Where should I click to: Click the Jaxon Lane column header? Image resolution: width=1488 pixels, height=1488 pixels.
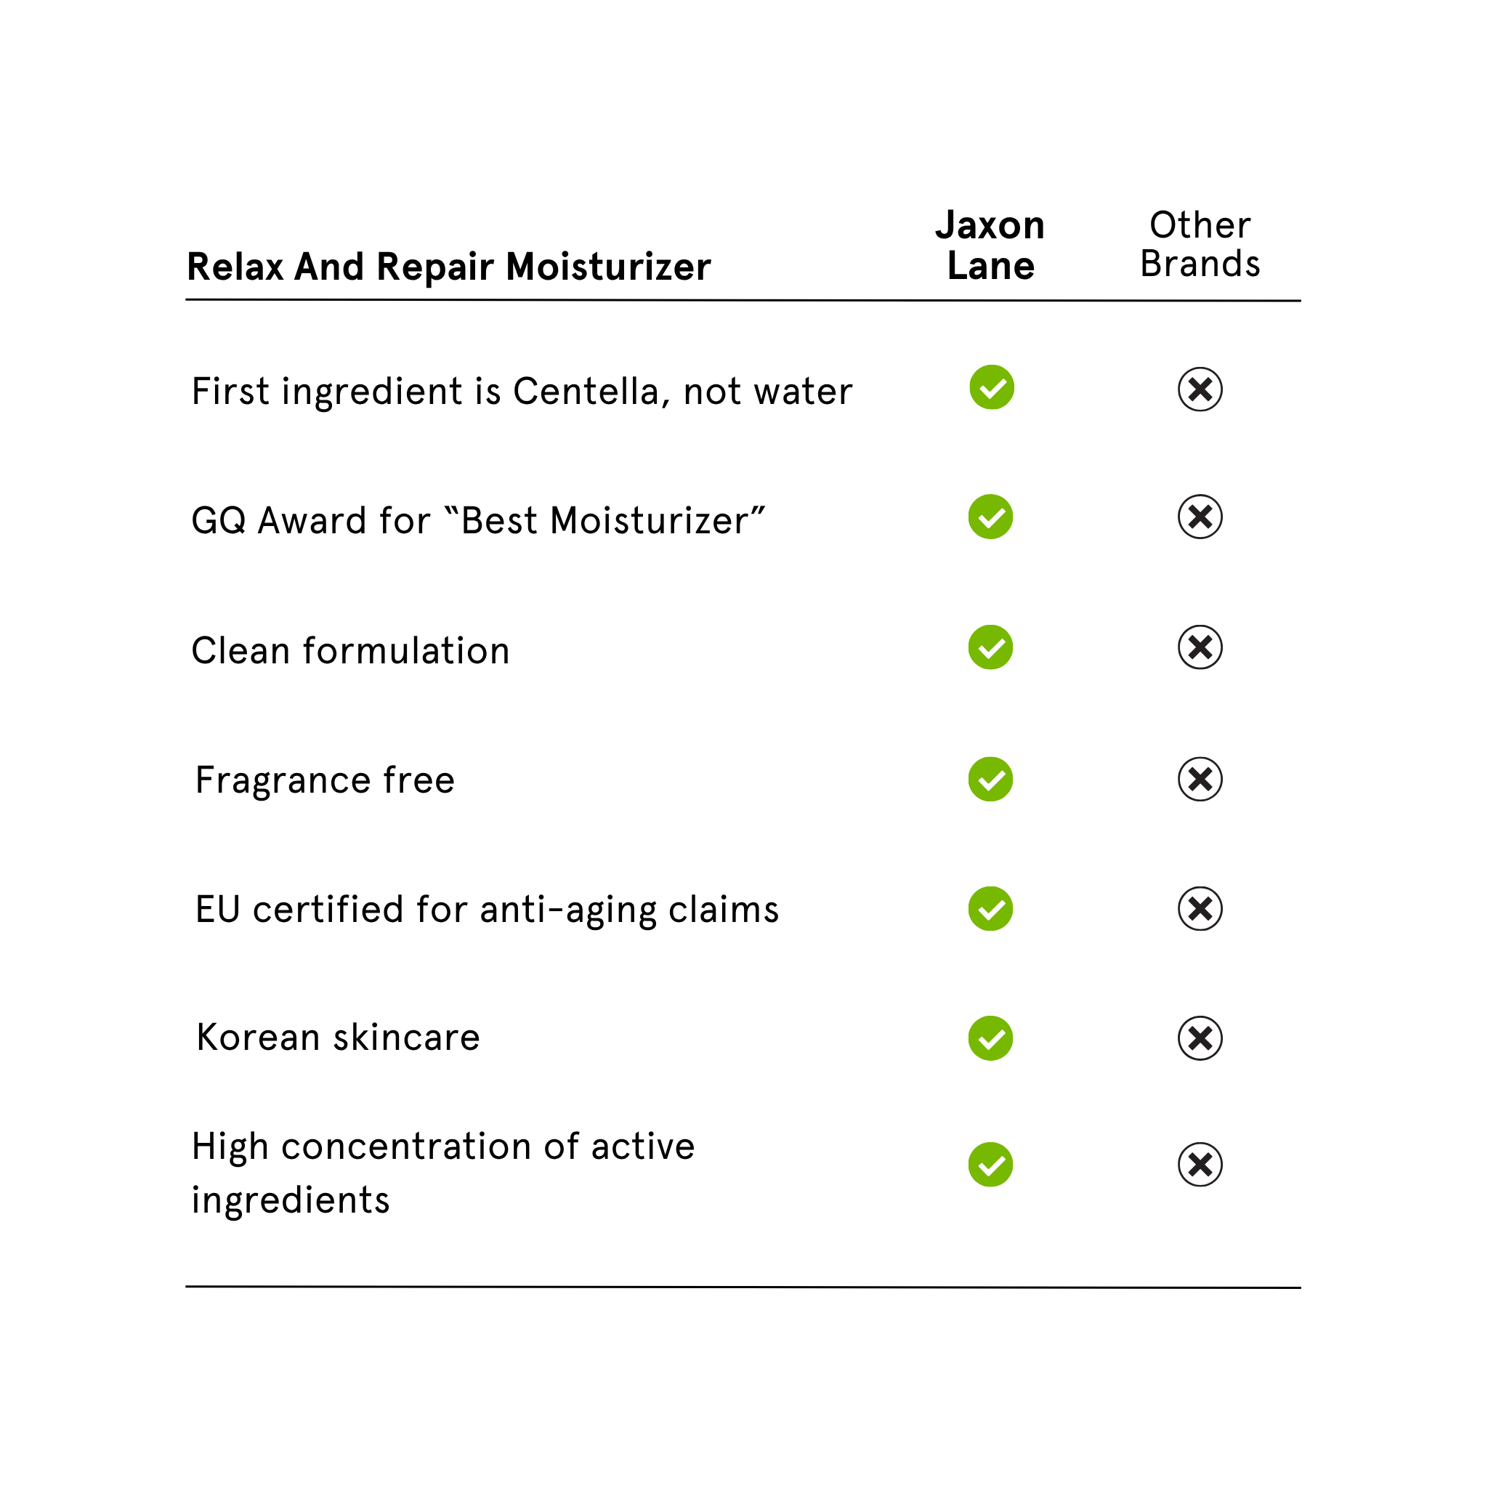click(x=990, y=245)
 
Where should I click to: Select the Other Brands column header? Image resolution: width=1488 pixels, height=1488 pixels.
click(x=1200, y=244)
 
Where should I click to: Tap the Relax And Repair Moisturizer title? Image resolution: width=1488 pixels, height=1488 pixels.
click(x=448, y=267)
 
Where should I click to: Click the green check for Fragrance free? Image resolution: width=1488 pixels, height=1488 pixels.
click(x=990, y=780)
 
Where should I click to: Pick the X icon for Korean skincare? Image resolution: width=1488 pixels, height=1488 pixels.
click(x=1200, y=1038)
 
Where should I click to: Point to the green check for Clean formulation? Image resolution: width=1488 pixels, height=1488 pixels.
click(x=990, y=647)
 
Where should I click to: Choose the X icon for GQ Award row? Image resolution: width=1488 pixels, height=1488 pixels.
click(x=1200, y=517)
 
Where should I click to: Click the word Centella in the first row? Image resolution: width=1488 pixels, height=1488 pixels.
click(x=586, y=392)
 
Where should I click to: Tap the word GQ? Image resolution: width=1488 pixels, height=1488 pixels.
click(x=218, y=522)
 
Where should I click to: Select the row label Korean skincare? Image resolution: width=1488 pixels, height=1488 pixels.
click(x=338, y=1038)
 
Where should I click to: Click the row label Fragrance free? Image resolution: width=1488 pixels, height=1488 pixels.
click(x=325, y=780)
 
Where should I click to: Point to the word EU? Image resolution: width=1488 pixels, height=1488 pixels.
click(x=217, y=910)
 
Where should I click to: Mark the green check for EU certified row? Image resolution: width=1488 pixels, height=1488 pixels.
click(x=990, y=909)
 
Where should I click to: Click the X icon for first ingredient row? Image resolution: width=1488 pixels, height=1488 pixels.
click(x=1200, y=389)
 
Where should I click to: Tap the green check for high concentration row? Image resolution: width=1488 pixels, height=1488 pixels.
click(x=990, y=1165)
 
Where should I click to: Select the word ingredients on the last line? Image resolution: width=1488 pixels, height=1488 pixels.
click(x=291, y=1201)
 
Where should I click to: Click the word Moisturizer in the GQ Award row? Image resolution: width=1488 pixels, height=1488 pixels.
click(x=649, y=522)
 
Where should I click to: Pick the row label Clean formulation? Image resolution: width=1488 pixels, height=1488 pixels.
click(x=350, y=651)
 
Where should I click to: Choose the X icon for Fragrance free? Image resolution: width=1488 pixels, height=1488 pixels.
click(x=1200, y=780)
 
